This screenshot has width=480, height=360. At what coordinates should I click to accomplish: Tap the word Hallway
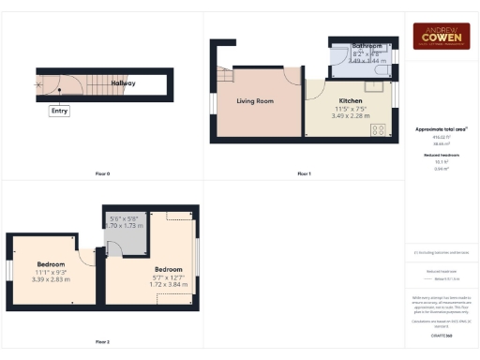123,83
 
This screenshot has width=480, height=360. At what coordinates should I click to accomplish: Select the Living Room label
255,100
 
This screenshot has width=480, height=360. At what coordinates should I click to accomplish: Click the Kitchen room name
351,100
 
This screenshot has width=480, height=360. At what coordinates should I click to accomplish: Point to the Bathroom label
367,46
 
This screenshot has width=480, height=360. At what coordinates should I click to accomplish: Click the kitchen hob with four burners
380,129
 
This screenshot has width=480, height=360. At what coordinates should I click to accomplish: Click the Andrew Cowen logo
442,37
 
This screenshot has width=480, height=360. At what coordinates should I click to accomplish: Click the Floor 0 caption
102,174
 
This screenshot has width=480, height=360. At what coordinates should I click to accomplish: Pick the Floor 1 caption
304,174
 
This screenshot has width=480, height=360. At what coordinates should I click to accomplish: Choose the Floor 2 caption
102,342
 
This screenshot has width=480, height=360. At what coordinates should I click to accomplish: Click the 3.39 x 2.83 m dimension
52,279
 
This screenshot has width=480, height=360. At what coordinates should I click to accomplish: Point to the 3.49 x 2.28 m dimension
352,115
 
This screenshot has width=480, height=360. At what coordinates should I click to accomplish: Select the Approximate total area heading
441,127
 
